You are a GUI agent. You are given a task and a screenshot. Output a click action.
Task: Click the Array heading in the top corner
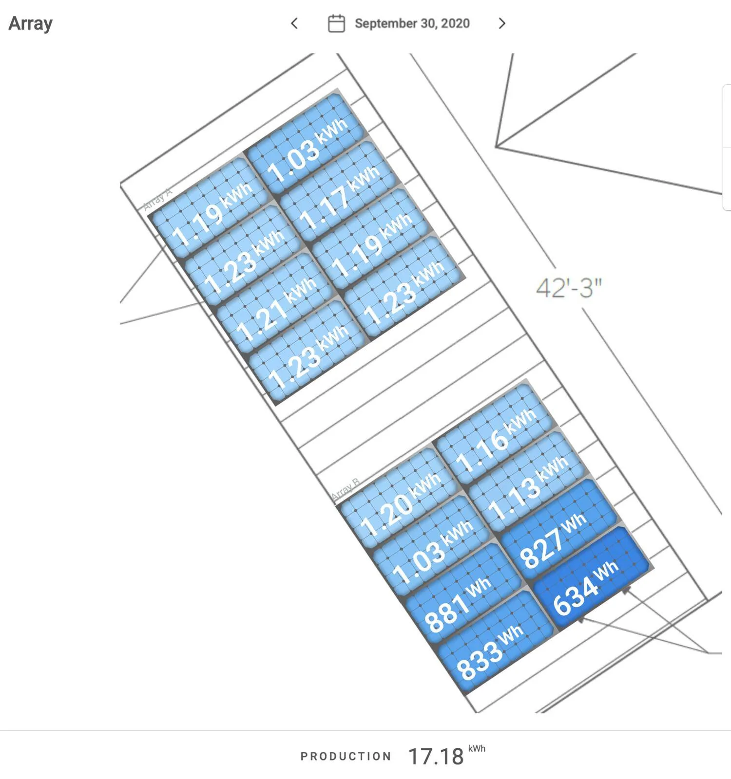click(x=30, y=23)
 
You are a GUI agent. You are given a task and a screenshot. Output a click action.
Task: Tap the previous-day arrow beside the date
click(x=294, y=23)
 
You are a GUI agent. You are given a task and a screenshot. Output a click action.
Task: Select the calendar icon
click(x=336, y=23)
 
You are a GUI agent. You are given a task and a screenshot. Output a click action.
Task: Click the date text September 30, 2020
click(x=412, y=23)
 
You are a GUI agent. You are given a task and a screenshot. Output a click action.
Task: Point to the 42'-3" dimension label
click(x=569, y=288)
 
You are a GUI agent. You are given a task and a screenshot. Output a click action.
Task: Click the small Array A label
click(x=157, y=199)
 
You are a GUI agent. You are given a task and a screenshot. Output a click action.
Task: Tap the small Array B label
click(x=346, y=489)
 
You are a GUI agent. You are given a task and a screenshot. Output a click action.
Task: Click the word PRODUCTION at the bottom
click(x=346, y=756)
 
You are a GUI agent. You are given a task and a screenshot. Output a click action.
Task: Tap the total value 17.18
click(x=436, y=756)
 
